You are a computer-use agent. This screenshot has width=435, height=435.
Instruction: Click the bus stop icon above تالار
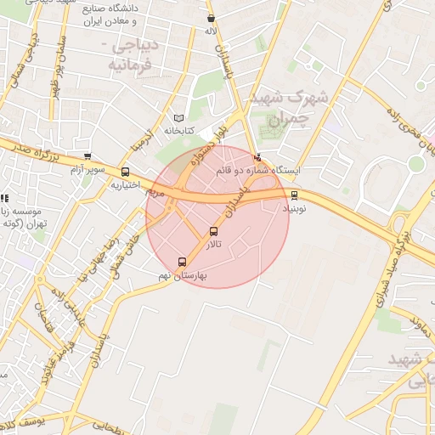click(x=213, y=231)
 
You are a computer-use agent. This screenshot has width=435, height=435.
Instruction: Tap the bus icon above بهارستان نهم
click(x=182, y=262)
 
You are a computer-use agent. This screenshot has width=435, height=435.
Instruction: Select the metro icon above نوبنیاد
click(x=295, y=195)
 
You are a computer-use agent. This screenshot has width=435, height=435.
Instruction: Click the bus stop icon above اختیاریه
click(x=126, y=172)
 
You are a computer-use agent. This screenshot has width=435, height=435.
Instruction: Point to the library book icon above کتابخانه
click(x=178, y=118)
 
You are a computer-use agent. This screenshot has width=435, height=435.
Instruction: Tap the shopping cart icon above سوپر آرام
click(x=88, y=155)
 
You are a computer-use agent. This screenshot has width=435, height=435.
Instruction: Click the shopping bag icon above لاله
click(x=211, y=18)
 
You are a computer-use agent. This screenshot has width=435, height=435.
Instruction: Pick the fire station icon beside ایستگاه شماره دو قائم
click(x=258, y=156)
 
